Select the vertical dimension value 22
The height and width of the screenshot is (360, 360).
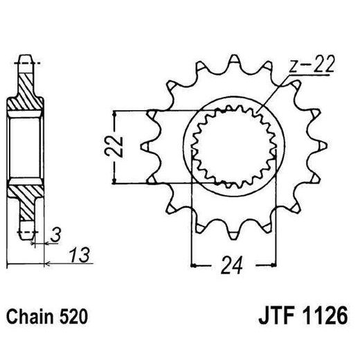119,146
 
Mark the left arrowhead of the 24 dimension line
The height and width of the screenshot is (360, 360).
194,264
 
